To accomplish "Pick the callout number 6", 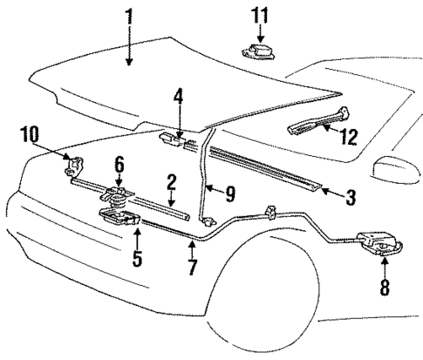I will (x=119, y=163).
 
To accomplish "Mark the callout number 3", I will (x=350, y=198).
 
